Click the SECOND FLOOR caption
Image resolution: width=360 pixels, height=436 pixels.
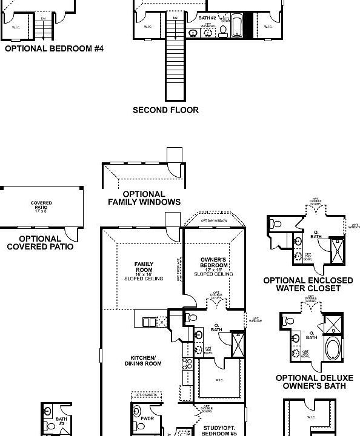(x=165, y=110)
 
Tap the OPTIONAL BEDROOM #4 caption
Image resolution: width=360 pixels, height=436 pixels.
(x=54, y=48)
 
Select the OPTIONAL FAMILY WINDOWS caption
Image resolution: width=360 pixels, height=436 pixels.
(x=144, y=198)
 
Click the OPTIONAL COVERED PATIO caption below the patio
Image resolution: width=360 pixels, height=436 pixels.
(x=40, y=243)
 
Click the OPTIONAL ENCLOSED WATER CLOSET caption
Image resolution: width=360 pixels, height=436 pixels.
(x=308, y=284)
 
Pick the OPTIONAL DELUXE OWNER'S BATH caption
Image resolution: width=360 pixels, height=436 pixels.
(x=311, y=381)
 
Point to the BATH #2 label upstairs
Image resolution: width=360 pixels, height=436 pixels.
(x=207, y=19)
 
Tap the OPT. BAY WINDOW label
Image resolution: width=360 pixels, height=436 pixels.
(x=214, y=221)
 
